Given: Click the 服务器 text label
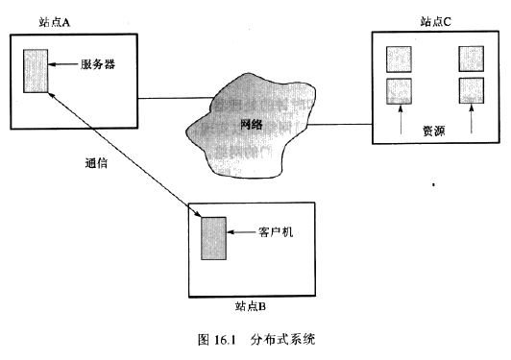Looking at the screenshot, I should coord(101,65).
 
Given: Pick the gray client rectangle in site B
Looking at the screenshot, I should coord(212,238).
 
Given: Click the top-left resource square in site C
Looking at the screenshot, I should coord(398,58).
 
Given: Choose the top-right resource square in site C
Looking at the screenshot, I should coord(471,58).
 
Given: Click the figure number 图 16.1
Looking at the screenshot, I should coord(212,339).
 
